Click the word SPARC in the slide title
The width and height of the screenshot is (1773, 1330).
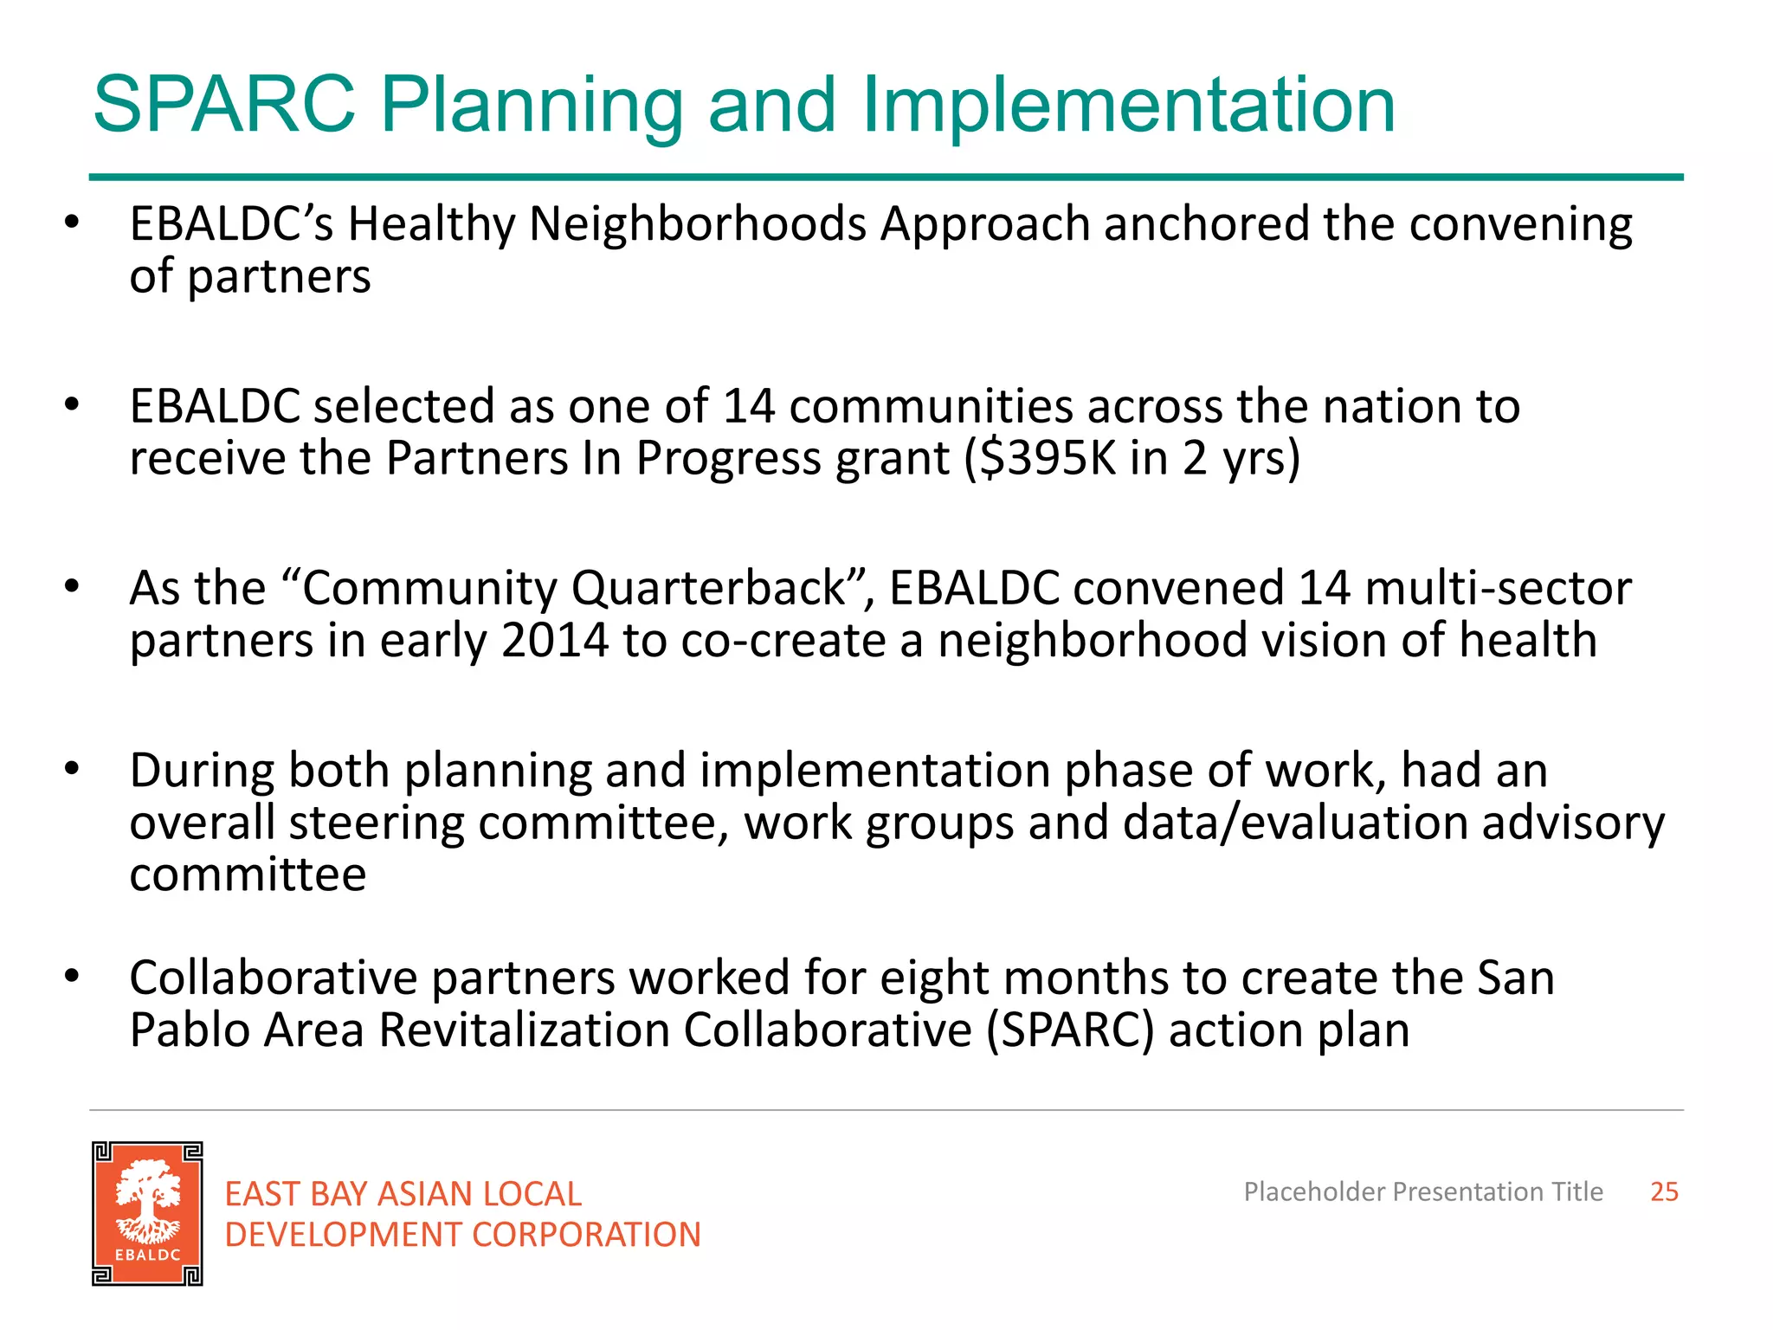pyautogui.click(x=223, y=105)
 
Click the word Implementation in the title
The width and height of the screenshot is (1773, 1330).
pyautogui.click(x=1127, y=107)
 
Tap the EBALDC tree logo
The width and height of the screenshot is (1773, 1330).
pyautogui.click(x=147, y=1213)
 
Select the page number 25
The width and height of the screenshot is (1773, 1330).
pyautogui.click(x=1663, y=1191)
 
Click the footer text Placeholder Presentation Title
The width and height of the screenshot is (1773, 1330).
pyautogui.click(x=1422, y=1191)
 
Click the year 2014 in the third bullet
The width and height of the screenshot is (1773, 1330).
pyautogui.click(x=554, y=641)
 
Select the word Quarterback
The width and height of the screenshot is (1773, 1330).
pyautogui.click(x=707, y=589)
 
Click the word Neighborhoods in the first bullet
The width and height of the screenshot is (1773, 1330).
pyautogui.click(x=698, y=224)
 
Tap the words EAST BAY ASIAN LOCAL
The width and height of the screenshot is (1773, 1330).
pyautogui.click(x=403, y=1194)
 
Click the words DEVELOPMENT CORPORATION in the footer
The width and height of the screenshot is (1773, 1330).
pyautogui.click(x=462, y=1235)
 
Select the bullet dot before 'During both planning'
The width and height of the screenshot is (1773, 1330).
pyautogui.click(x=72, y=768)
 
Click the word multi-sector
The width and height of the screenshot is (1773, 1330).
pyautogui.click(x=1498, y=589)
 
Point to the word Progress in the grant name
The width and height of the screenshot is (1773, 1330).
pyautogui.click(x=727, y=458)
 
